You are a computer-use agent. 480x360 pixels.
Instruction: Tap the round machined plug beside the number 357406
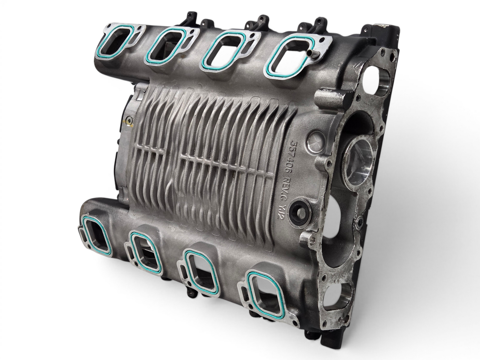coord(316,141)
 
